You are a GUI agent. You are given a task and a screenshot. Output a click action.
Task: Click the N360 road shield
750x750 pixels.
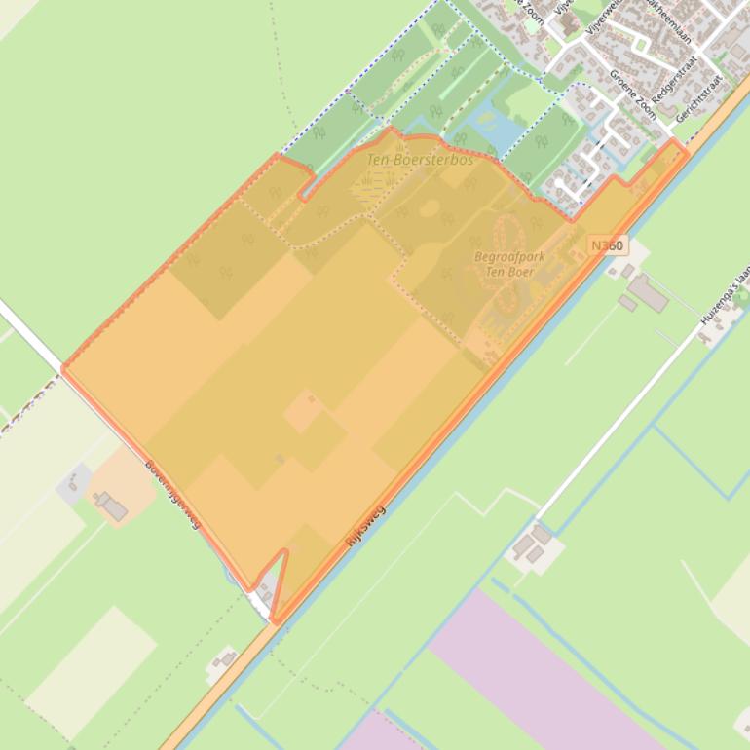tap(606, 245)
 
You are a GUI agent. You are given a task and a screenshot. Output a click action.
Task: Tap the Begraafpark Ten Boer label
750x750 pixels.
tap(508, 264)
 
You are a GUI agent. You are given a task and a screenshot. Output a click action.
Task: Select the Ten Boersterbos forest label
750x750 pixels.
tap(420, 159)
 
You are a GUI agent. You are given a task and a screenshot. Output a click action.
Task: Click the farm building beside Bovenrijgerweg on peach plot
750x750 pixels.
tap(110, 506)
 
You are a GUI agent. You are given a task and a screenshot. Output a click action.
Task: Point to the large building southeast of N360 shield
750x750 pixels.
tap(647, 292)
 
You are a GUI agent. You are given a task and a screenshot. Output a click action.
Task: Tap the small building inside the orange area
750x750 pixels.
tap(281, 458)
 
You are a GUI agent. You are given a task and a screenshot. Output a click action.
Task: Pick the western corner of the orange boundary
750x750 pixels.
tap(63, 367)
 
